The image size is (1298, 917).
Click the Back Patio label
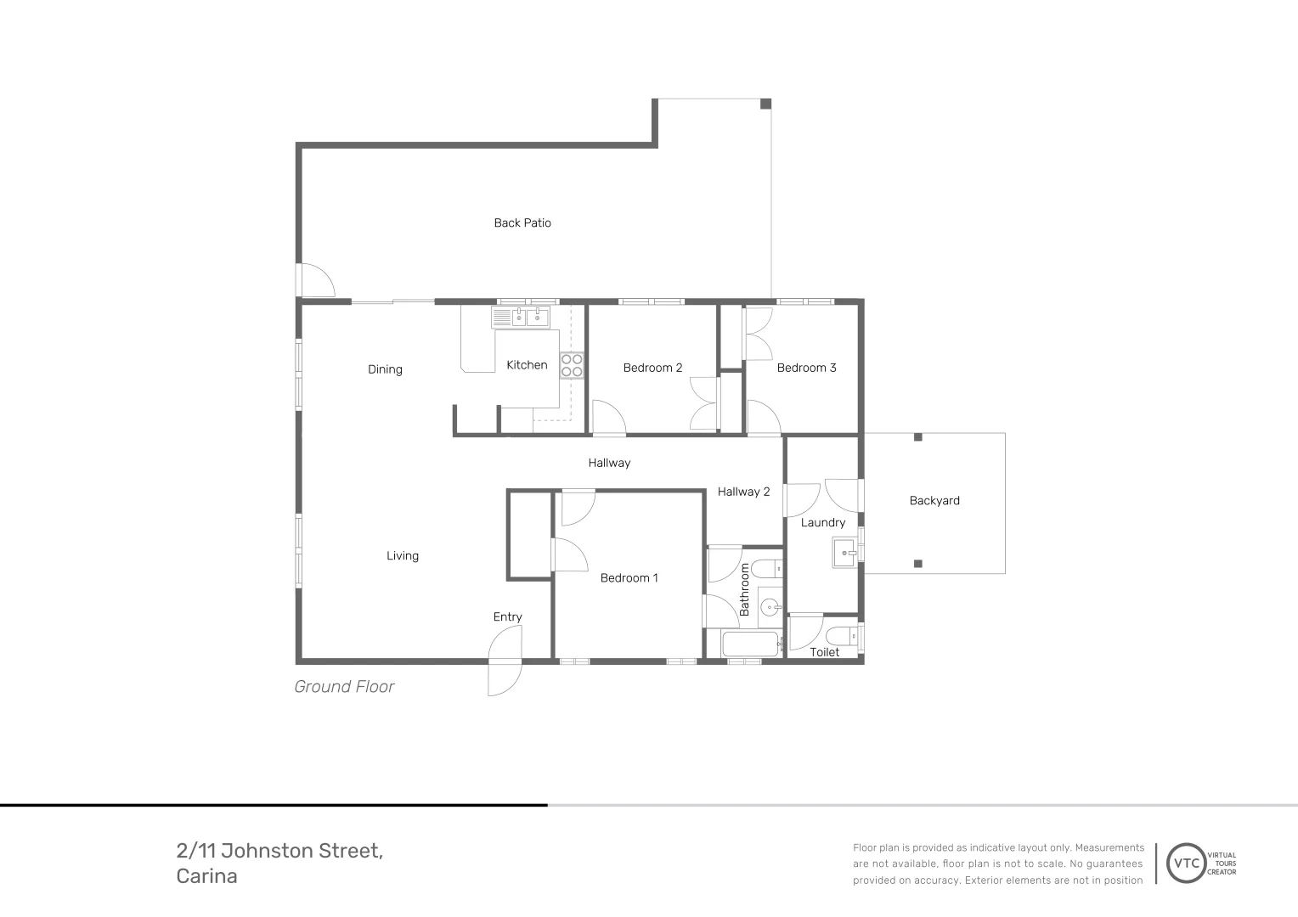(522, 222)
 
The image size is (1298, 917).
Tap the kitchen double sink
(521, 318)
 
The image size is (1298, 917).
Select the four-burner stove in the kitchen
(572, 365)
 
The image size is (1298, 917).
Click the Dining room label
(385, 369)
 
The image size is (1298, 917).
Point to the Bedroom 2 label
(652, 368)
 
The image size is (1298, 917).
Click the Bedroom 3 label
(806, 368)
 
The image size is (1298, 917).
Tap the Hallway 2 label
(743, 492)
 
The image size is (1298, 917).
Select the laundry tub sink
(845, 553)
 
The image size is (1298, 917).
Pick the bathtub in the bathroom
(750, 644)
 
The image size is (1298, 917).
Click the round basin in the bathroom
(770, 607)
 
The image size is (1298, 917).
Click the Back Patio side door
(316, 280)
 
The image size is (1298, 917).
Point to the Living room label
(403, 556)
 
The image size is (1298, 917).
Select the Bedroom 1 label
(629, 578)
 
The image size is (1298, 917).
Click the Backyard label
(934, 501)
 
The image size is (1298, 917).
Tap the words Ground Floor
(344, 687)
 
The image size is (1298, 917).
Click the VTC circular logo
(1187, 864)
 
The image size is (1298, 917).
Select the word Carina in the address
(206, 876)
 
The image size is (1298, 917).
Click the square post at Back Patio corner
(765, 104)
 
